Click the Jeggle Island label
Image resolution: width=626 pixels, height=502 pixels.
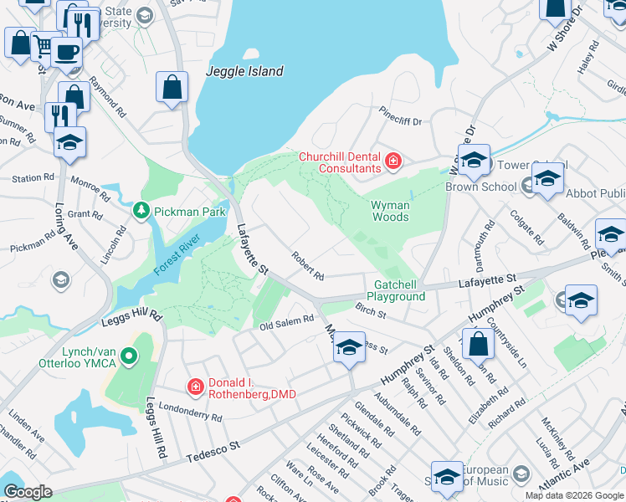click(244, 72)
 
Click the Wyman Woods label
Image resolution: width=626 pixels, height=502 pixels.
click(390, 211)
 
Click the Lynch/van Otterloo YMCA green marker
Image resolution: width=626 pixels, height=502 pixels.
click(128, 357)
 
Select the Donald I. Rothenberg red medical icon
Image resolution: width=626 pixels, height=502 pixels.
click(194, 386)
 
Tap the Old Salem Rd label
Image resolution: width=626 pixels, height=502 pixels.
click(286, 322)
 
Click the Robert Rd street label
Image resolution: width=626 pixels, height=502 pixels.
click(308, 265)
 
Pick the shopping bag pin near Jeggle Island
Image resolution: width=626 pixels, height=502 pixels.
click(172, 86)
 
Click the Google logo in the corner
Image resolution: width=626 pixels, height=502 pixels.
click(27, 492)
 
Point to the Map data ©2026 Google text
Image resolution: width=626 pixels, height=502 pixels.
click(574, 495)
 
